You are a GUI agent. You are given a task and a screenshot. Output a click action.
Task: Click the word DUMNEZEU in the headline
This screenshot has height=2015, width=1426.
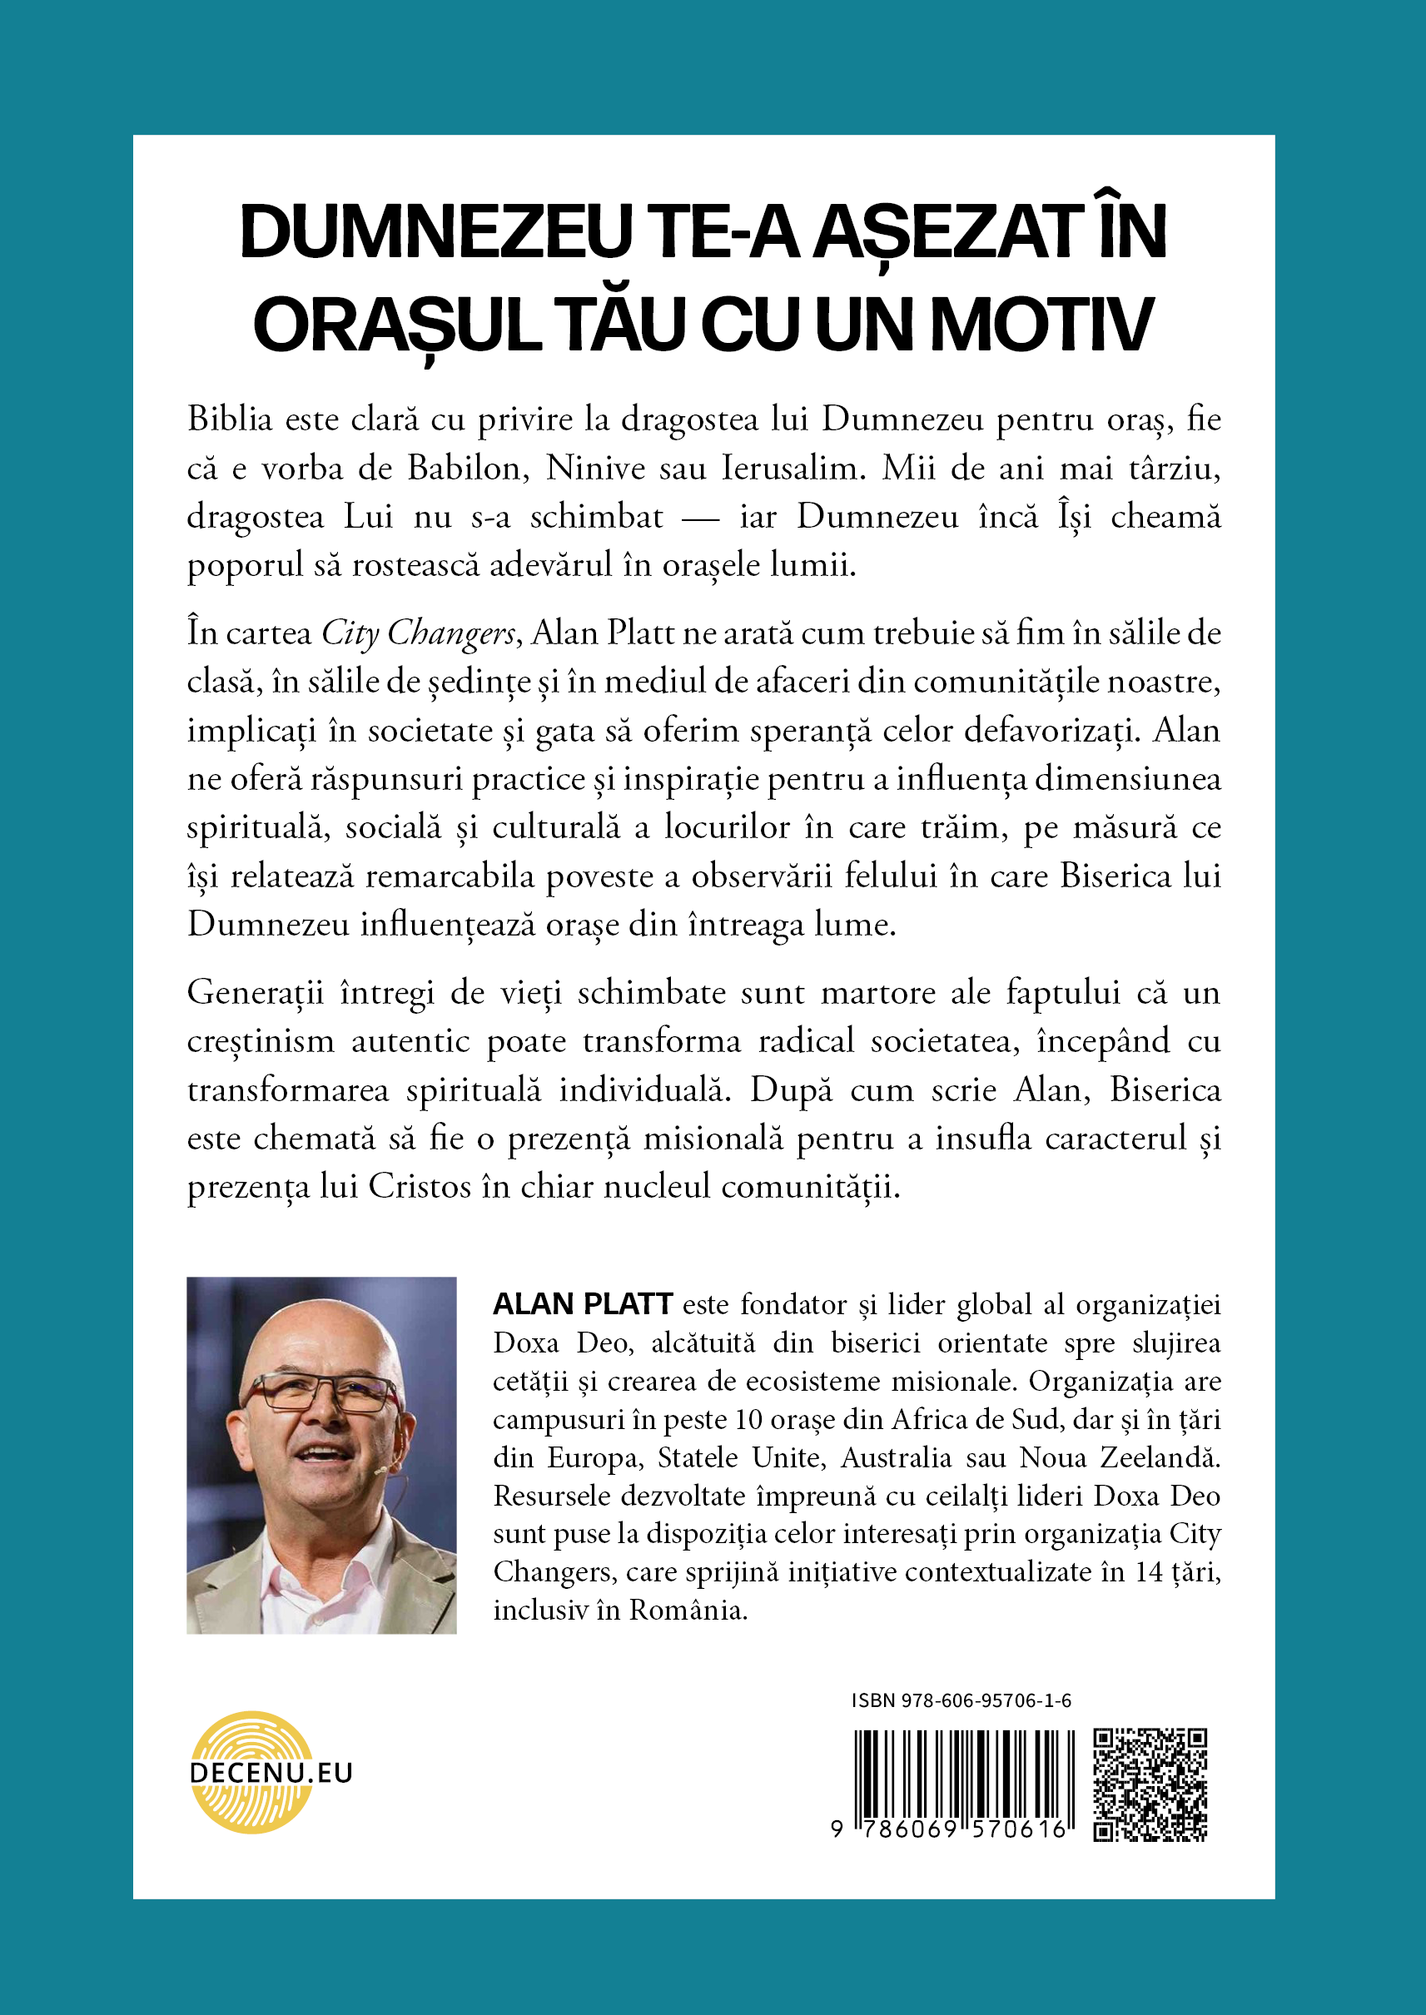tap(435, 233)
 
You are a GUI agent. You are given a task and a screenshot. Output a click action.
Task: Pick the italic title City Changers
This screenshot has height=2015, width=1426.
tap(418, 633)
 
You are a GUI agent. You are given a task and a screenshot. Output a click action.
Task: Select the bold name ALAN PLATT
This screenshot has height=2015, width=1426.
tap(582, 1305)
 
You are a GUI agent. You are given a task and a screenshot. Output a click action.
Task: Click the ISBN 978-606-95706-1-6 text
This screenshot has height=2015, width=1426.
tap(961, 1700)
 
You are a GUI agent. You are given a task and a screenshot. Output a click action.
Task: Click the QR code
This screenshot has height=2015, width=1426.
tap(1150, 1784)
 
